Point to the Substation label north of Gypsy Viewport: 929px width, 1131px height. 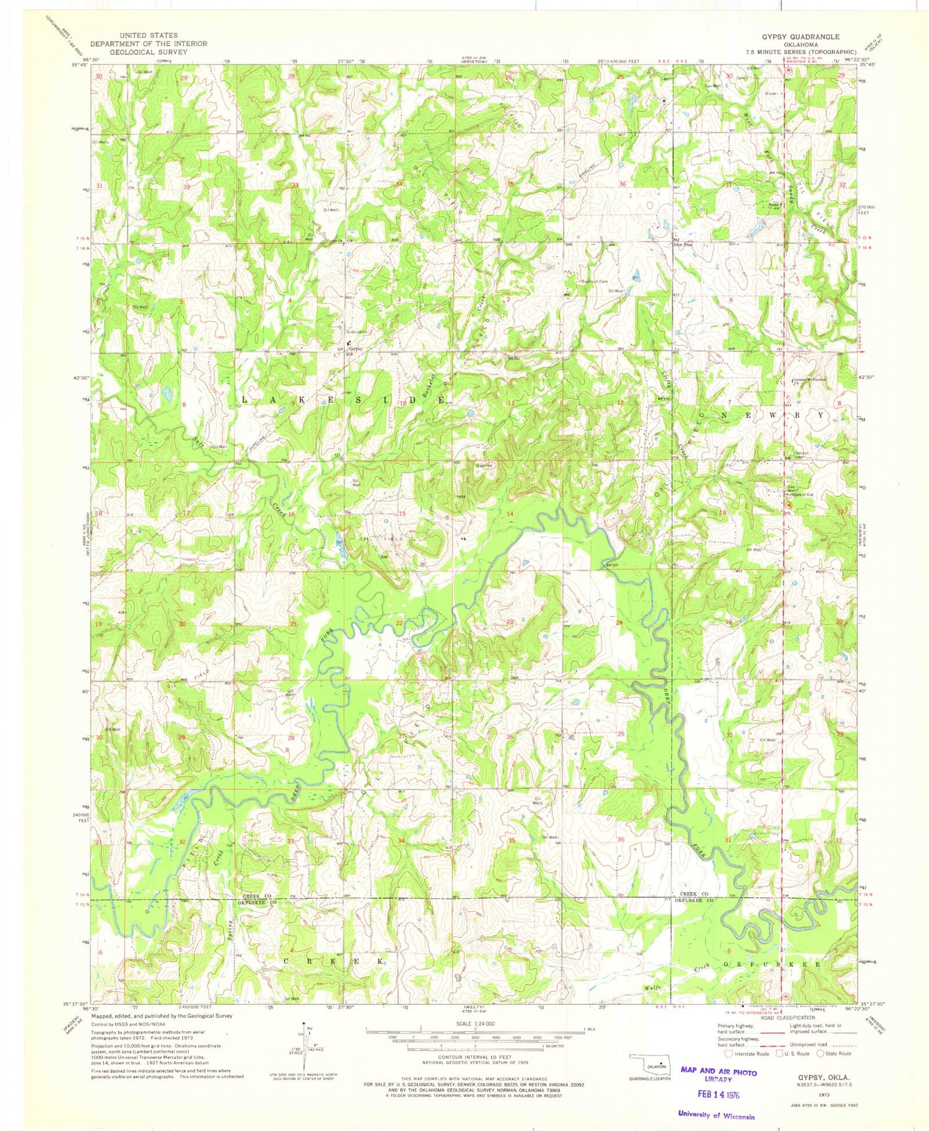coord(357,332)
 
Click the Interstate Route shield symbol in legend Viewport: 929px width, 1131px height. coord(729,1053)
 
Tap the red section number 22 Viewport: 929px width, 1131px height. coord(399,623)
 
